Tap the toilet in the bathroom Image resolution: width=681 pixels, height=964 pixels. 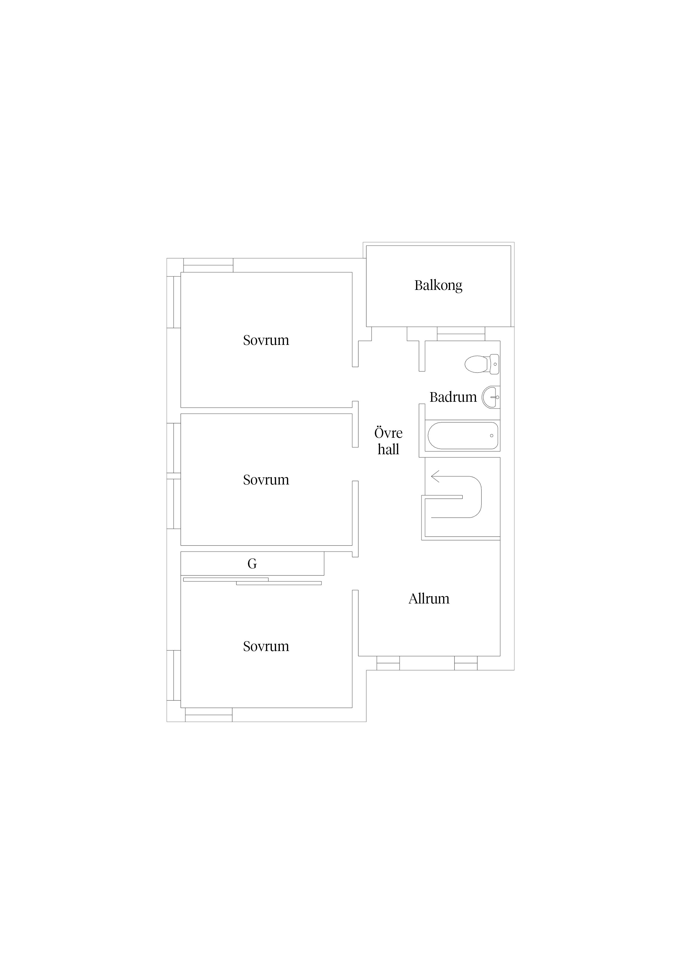point(481,364)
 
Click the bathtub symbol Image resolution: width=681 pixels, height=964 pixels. point(463,435)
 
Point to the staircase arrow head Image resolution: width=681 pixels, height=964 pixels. point(435,477)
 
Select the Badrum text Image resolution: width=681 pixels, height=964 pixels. point(453,397)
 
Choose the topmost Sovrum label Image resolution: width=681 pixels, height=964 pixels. point(266,340)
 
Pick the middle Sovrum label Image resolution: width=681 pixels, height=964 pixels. point(266,480)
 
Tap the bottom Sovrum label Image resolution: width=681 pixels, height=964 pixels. point(266,646)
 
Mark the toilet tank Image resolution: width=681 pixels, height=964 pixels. point(494,364)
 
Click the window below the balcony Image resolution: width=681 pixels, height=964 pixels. point(461,334)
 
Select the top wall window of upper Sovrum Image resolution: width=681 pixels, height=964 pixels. point(208,265)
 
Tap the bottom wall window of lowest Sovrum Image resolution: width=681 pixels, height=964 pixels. point(208,715)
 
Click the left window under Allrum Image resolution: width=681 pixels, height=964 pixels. point(388,663)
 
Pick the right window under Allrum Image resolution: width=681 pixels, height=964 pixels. point(466,663)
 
